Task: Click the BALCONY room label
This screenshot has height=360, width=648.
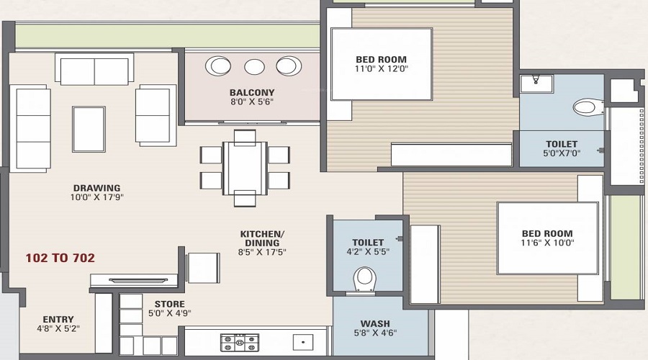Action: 252,92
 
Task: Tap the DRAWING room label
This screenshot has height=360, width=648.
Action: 96,188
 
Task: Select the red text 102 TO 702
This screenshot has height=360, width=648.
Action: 60,257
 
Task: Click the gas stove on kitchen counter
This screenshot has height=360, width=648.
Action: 240,343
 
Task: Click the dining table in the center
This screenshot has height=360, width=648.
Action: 245,167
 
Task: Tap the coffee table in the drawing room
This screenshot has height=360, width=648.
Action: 89,129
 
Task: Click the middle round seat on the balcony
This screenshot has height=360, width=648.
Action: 254,67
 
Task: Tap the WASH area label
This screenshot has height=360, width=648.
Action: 375,324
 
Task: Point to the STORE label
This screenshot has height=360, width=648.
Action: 169,304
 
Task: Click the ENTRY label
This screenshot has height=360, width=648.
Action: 58,320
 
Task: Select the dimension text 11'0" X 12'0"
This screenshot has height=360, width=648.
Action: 381,70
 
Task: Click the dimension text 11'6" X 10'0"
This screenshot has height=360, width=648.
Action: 547,244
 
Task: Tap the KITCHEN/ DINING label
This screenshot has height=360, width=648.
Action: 262,238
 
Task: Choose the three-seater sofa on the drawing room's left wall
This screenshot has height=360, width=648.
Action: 30,127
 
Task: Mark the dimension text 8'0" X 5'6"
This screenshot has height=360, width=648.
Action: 252,103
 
